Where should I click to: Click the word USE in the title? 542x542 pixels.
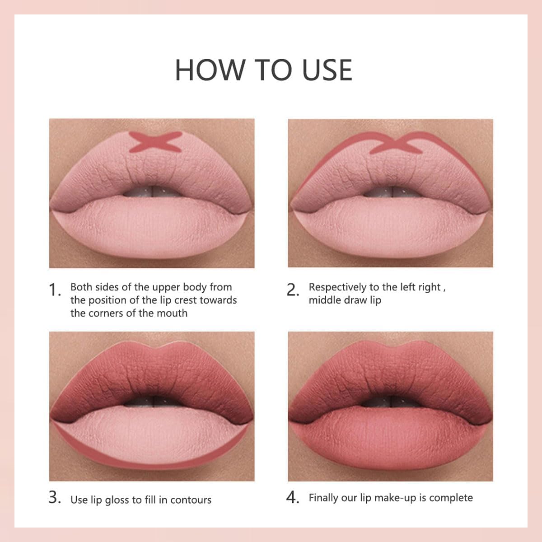tap(327, 70)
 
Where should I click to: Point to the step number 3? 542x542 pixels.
tap(55, 497)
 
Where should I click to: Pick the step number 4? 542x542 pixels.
tap(293, 497)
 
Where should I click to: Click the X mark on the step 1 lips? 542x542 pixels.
tap(155, 141)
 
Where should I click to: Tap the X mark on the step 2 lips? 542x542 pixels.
tap(396, 143)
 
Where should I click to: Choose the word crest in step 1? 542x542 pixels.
tap(186, 300)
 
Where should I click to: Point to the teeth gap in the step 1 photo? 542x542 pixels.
tap(152, 192)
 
